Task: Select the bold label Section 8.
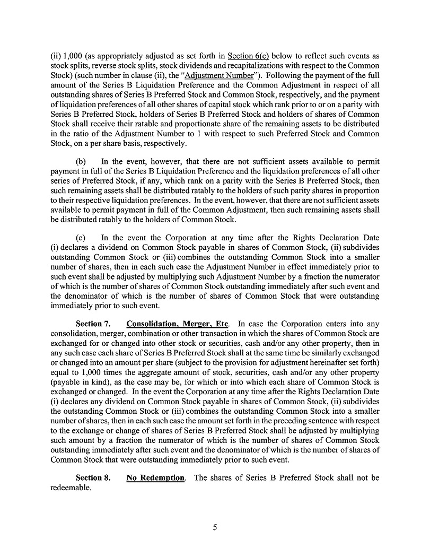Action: click(93, 477)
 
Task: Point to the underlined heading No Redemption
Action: click(155, 477)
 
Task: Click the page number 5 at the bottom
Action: click(215, 527)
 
